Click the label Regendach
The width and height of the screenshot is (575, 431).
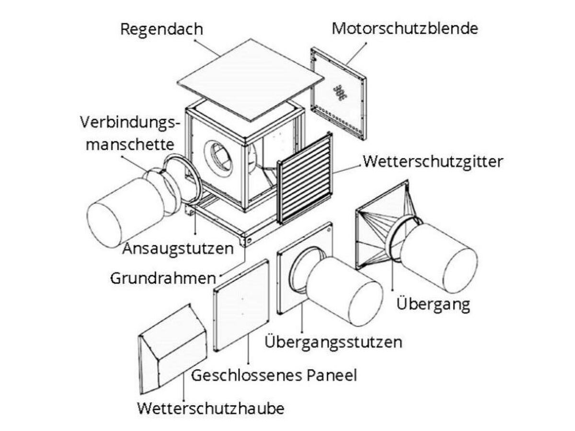click(161, 29)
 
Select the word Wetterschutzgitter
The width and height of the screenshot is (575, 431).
click(433, 161)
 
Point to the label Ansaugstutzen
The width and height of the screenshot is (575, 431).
click(178, 249)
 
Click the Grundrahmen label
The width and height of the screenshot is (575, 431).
click(162, 278)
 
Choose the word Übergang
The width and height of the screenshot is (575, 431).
click(433, 304)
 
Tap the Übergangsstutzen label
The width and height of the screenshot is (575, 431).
click(333, 342)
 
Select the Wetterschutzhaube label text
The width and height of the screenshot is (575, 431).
click(210, 408)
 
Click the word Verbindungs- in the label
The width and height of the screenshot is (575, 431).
click(130, 123)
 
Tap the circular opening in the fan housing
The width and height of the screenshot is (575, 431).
click(218, 156)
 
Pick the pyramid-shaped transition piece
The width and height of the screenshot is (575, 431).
click(379, 225)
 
